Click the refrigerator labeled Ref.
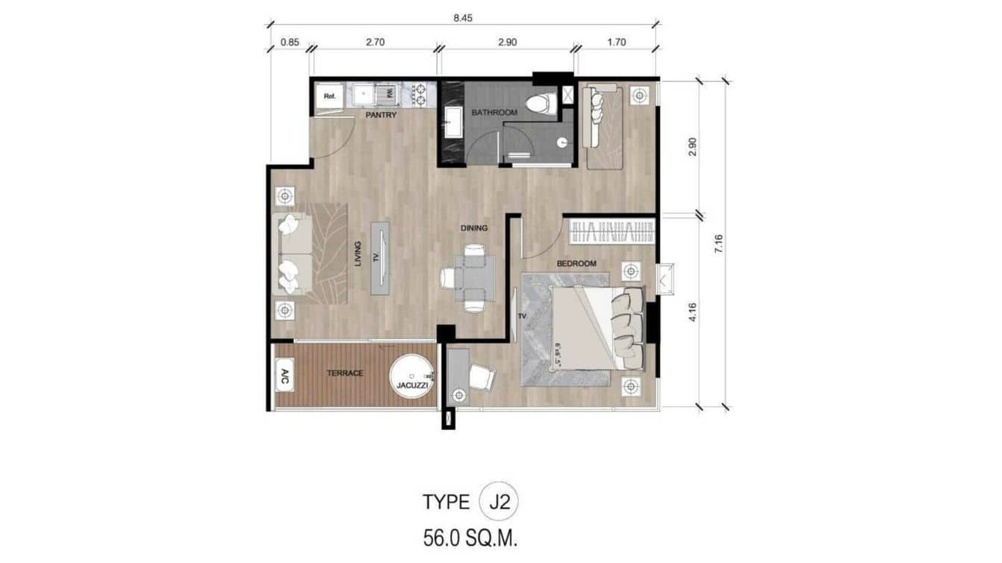(329, 96)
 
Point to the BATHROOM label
(494, 113)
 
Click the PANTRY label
(380, 116)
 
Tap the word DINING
(473, 228)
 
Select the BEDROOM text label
(576, 264)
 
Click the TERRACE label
(345, 373)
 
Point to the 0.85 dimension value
(290, 43)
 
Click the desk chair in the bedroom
(482, 379)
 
